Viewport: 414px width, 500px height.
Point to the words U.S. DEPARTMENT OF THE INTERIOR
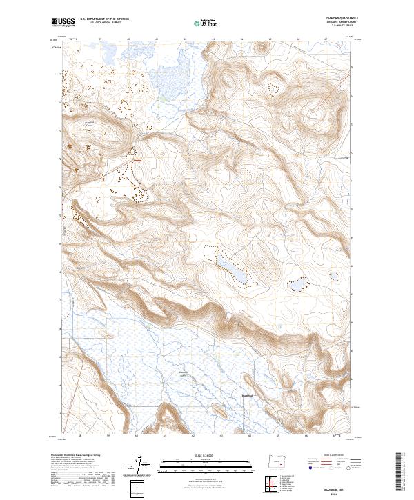tap(103, 19)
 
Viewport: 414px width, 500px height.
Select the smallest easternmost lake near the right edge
tap(334, 277)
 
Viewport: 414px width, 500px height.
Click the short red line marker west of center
tap(137, 160)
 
